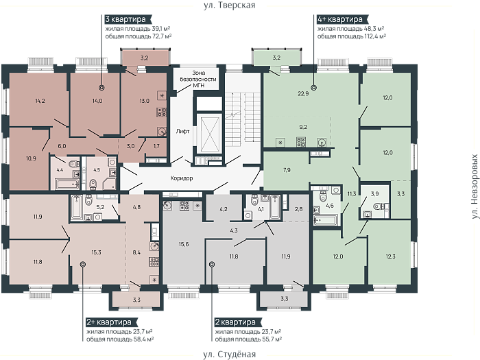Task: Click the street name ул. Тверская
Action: coord(229,5)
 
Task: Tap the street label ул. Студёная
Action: coord(229,355)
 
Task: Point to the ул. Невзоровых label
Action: coord(475,187)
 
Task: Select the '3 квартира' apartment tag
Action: coord(125,19)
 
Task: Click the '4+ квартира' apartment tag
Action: coord(340,19)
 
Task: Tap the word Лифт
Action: coord(183,132)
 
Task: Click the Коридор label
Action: coord(182,178)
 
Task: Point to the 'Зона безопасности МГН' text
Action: coord(198,79)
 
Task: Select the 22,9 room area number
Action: coord(303,94)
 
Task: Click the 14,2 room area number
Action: coord(40,101)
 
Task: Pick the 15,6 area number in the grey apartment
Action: coord(184,244)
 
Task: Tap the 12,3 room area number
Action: coord(391,256)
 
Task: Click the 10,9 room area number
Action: coord(31,158)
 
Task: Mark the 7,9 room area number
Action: coord(287,170)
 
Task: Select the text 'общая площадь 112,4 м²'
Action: coord(351,36)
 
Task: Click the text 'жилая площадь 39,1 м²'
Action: coord(138,29)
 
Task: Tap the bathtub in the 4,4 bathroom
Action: coord(67,184)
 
